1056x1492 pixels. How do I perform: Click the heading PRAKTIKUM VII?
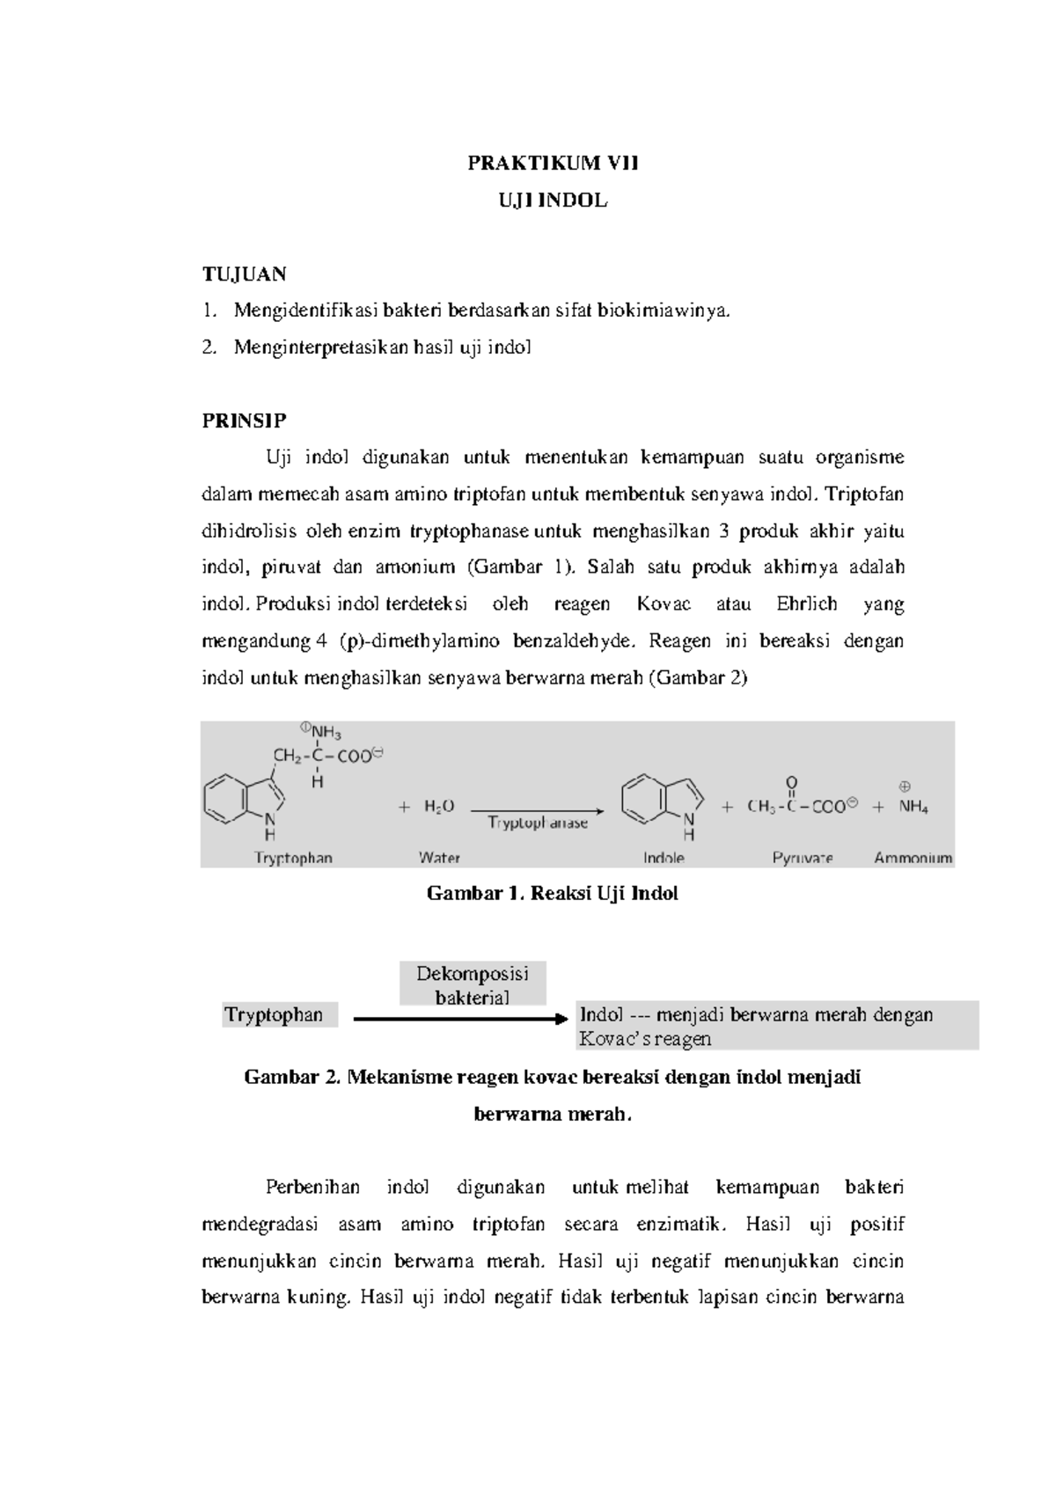pos(553,163)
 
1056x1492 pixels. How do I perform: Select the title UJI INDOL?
pos(553,201)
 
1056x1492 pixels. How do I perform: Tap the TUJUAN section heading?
pos(244,274)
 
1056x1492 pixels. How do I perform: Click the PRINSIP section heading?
pos(244,421)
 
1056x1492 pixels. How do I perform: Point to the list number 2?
pos(208,347)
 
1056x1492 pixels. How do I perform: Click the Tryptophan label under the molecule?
pos(293,858)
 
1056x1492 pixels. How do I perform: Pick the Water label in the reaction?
pos(439,858)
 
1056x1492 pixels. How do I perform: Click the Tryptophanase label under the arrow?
pos(538,823)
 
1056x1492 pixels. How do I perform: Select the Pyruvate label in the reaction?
pos(803,858)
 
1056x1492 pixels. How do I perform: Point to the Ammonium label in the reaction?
pos(913,858)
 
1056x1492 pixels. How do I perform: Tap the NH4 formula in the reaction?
pos(913,807)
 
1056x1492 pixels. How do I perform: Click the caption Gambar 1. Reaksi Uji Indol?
pos(552,894)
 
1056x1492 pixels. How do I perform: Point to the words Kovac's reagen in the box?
pos(644,1039)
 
